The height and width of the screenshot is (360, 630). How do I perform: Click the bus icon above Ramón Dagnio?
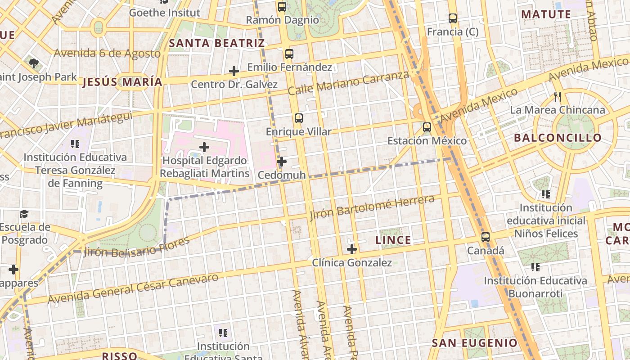click(282, 7)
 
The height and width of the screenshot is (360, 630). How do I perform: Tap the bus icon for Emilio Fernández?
click(289, 54)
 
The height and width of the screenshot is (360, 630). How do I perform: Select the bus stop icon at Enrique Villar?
click(298, 118)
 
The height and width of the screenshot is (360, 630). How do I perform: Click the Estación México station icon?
click(427, 127)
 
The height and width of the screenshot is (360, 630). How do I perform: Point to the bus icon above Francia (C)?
click(453, 18)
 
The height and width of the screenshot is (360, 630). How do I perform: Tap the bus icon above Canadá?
click(485, 237)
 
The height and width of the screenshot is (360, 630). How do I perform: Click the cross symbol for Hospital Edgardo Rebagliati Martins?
click(204, 147)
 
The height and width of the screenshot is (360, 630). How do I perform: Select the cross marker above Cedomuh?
click(282, 162)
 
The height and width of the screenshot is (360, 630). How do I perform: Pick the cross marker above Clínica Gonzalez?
click(352, 249)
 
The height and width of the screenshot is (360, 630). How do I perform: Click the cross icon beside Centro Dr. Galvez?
click(234, 71)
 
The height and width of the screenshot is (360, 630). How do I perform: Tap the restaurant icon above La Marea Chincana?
click(558, 97)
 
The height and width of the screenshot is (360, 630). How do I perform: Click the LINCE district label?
click(393, 240)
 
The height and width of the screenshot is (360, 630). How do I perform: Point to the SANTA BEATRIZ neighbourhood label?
click(216, 44)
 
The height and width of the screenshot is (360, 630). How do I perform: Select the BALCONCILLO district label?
click(558, 138)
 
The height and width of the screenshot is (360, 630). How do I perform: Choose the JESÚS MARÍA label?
click(122, 82)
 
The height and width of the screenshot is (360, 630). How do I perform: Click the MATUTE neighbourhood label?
click(546, 14)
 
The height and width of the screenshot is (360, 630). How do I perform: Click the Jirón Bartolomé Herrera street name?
click(372, 207)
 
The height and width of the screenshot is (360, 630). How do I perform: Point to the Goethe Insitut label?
click(164, 13)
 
